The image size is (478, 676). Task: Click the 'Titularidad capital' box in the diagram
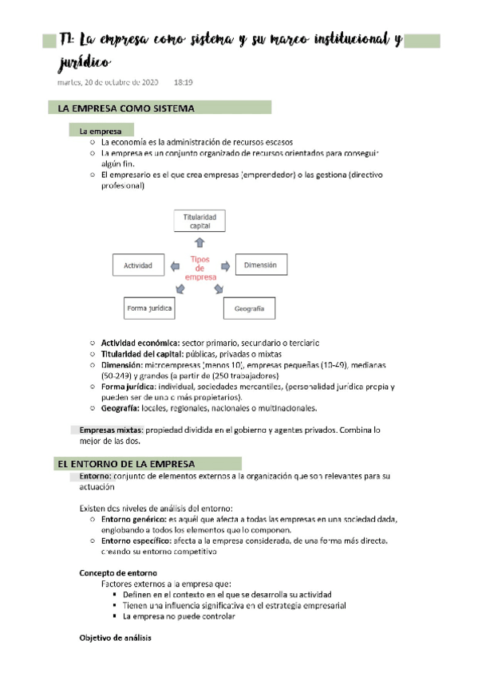[x=199, y=221]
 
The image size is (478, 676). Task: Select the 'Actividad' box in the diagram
[x=138, y=265]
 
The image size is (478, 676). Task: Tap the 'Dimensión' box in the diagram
[x=260, y=265]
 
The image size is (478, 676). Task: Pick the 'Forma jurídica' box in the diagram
[x=150, y=307]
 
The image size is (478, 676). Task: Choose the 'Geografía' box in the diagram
[x=249, y=308]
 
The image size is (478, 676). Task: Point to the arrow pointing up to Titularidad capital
[x=199, y=242]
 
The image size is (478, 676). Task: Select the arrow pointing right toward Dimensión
[x=226, y=265]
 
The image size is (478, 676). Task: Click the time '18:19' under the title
[x=183, y=82]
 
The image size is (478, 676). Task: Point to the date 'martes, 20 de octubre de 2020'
[x=108, y=82]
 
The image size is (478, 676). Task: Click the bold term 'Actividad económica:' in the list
[x=140, y=342]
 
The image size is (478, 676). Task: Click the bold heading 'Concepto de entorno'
[x=118, y=572]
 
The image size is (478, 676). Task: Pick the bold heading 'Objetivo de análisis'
[x=116, y=639]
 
